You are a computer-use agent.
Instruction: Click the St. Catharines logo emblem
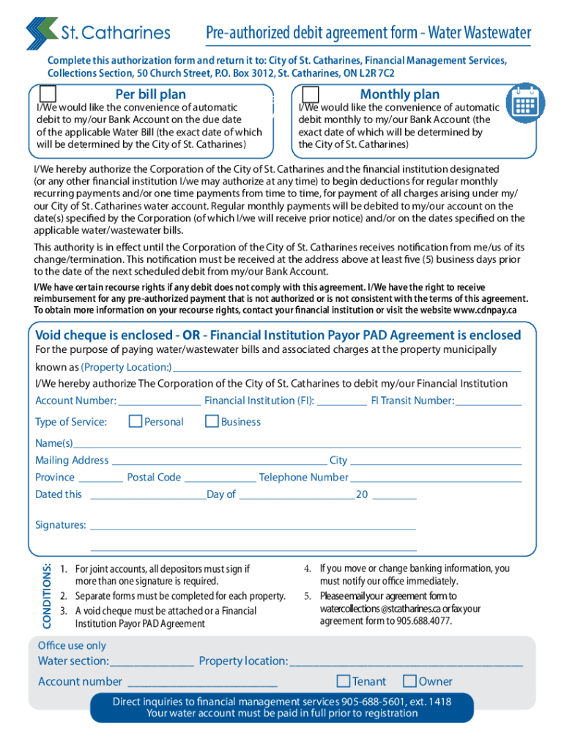click(41, 33)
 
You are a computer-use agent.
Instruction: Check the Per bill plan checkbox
click(48, 94)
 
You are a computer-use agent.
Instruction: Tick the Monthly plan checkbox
click(311, 94)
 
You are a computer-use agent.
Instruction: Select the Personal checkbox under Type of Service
click(136, 421)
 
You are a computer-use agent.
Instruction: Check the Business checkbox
click(212, 421)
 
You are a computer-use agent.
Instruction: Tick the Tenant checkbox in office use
click(343, 681)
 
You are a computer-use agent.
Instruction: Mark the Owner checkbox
click(410, 681)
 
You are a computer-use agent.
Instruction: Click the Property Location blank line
click(346, 368)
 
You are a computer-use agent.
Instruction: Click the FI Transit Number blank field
click(489, 401)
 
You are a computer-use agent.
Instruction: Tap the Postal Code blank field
click(220, 478)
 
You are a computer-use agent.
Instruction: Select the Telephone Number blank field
click(437, 478)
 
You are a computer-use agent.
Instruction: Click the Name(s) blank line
click(297, 444)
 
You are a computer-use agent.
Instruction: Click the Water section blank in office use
click(152, 662)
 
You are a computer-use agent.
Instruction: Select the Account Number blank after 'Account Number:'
click(159, 401)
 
